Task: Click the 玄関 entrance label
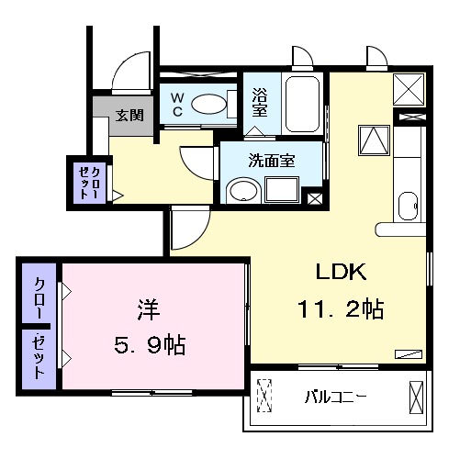[129, 116]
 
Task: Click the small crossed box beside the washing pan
[314, 196]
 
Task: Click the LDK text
[342, 273]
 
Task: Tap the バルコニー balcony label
[337, 398]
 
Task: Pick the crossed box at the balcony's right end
[415, 397]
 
